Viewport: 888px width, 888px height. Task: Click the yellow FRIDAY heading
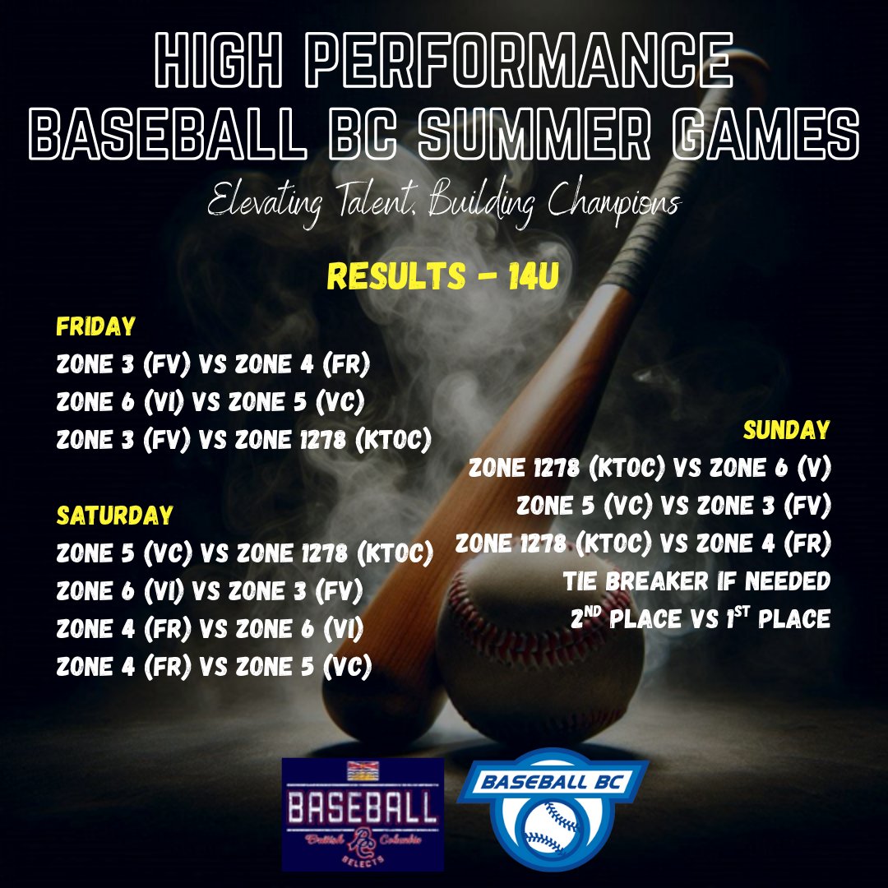[95, 327]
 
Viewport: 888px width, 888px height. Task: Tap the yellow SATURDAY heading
[114, 516]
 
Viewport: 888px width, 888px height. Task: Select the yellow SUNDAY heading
[786, 429]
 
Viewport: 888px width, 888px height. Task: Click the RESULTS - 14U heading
[443, 277]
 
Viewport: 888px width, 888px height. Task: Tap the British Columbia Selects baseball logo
[363, 814]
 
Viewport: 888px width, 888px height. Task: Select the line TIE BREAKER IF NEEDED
[696, 581]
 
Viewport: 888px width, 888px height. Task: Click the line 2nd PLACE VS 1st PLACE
[700, 618]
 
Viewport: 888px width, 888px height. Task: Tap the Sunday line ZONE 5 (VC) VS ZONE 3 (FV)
[674, 505]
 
